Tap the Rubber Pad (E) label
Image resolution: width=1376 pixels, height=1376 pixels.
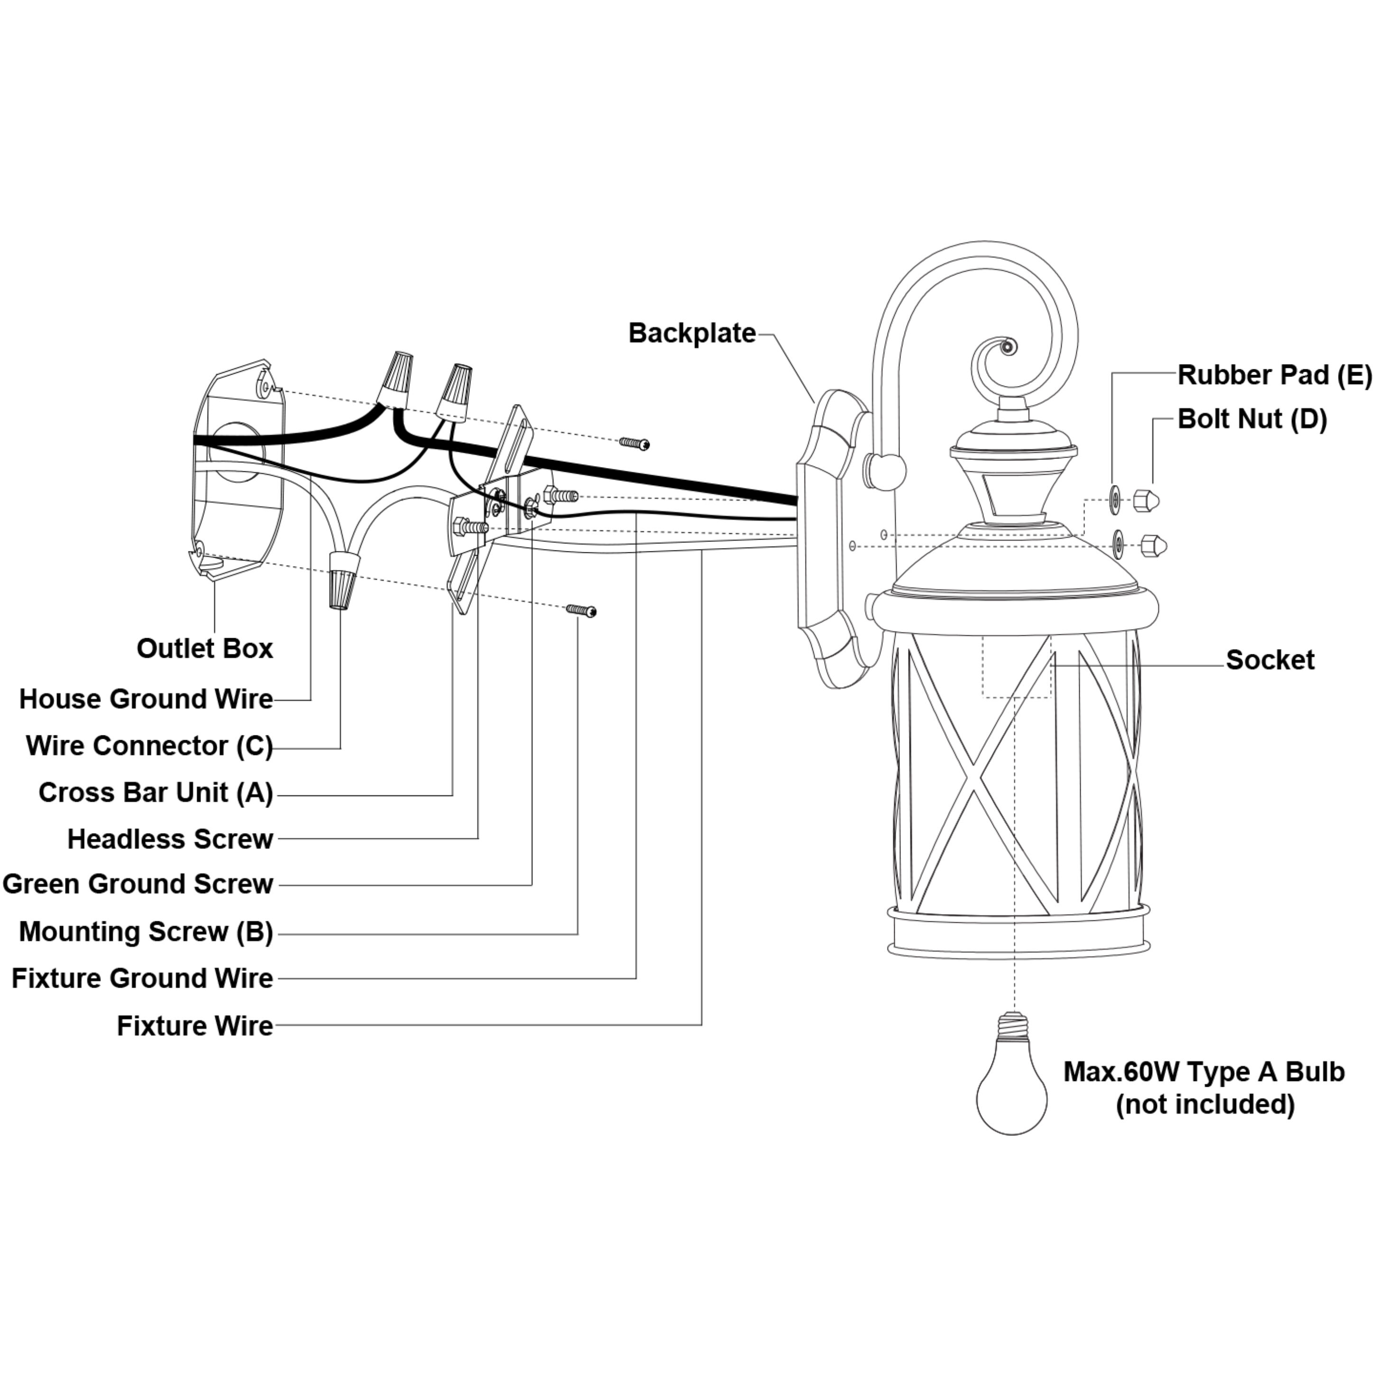pyautogui.click(x=1274, y=376)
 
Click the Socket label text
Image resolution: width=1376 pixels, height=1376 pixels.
pyautogui.click(x=1270, y=660)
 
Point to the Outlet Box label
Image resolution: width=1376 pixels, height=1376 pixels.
pyautogui.click(x=204, y=649)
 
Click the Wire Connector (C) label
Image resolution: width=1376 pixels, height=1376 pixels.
pyautogui.click(x=149, y=746)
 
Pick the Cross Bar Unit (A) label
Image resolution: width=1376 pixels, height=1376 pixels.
pyautogui.click(x=155, y=793)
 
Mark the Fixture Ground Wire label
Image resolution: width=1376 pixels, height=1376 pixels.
pyautogui.click(x=142, y=979)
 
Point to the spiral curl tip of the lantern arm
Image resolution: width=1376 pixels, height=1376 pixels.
pyautogui.click(x=1006, y=348)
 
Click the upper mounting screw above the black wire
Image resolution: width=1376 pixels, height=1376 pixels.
pyautogui.click(x=634, y=444)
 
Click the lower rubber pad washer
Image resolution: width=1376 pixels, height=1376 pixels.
pyautogui.click(x=1118, y=545)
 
